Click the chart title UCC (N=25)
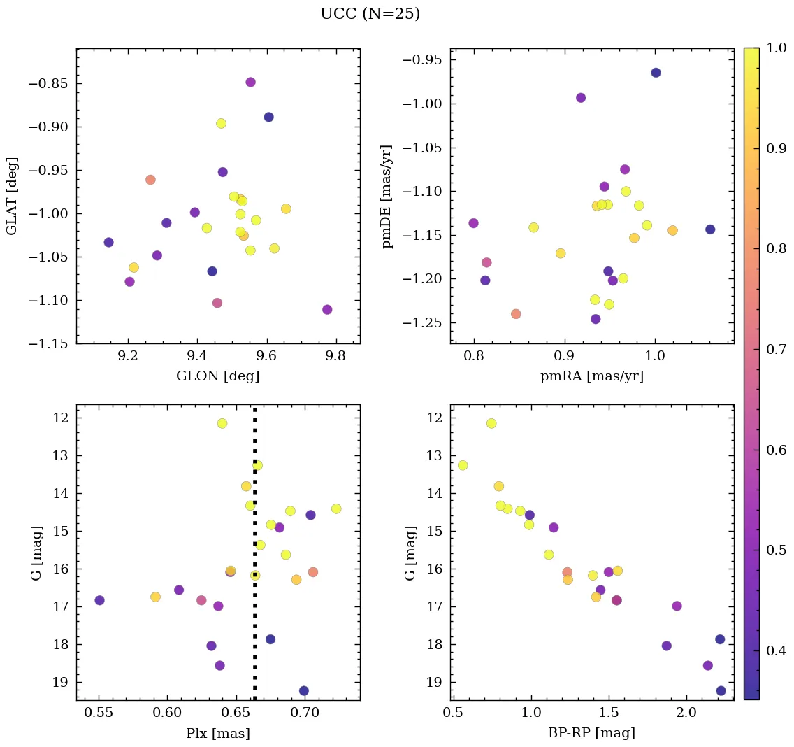pyautogui.click(x=370, y=14)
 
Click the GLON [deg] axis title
pyautogui.click(x=217, y=376)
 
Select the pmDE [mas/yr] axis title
pyautogui.click(x=387, y=197)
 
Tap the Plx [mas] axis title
pyautogui.click(x=217, y=733)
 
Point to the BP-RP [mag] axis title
pyautogui.click(x=591, y=733)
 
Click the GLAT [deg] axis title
pyautogui.click(x=12, y=196)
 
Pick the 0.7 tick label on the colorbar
pyautogui.click(x=777, y=349)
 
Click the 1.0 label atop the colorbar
pyautogui.click(x=777, y=48)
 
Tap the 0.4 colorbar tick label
pyautogui.click(x=777, y=650)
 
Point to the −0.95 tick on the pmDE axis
pyautogui.click(x=422, y=61)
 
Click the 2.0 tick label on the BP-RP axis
pyautogui.click(x=686, y=713)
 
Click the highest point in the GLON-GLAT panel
pyautogui.click(x=250, y=82)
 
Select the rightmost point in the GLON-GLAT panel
pyautogui.click(x=327, y=309)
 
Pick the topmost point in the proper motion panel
pyautogui.click(x=656, y=73)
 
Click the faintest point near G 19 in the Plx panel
pyautogui.click(x=304, y=690)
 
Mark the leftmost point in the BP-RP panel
pyautogui.click(x=463, y=465)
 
